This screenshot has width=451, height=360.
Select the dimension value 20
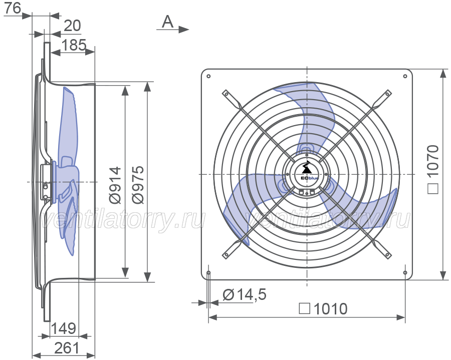(x=72, y=26)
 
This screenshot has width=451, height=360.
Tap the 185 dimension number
(x=74, y=45)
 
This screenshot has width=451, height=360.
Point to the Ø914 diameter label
(x=116, y=185)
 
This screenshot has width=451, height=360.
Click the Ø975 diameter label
(x=138, y=185)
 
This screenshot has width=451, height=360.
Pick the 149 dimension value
(x=64, y=328)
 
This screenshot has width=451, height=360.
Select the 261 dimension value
(x=67, y=348)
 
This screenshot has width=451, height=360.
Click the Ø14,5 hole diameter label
(x=245, y=295)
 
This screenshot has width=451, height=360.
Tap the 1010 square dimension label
(x=323, y=309)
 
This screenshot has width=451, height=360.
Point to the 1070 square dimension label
(x=432, y=170)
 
